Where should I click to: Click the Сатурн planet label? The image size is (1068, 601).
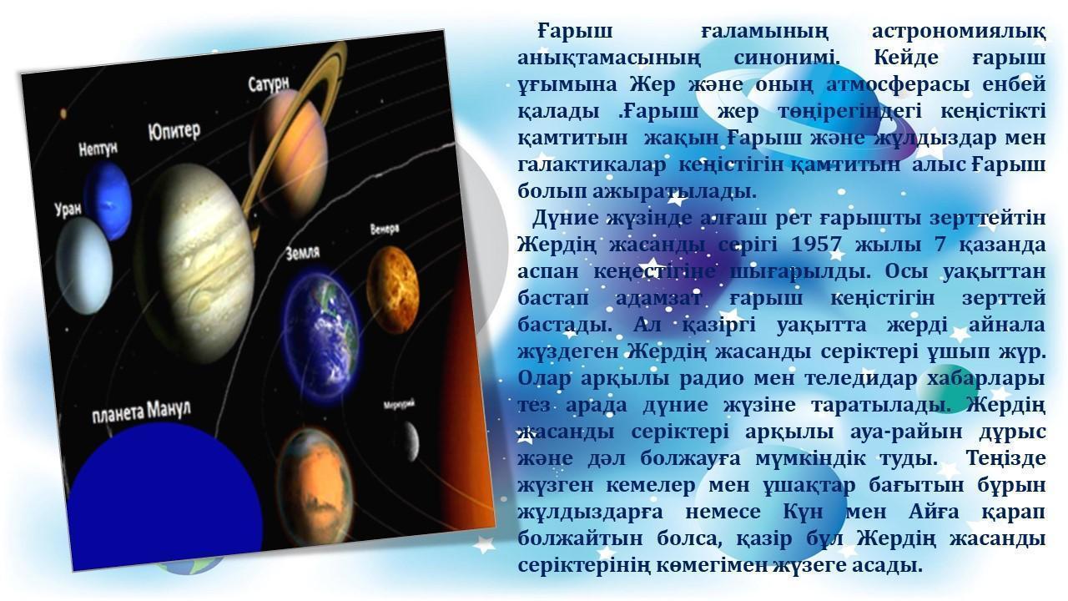pyautogui.click(x=269, y=84)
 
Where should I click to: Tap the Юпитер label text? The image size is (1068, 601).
pyautogui.click(x=174, y=131)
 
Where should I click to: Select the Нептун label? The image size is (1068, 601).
pyautogui.click(x=98, y=149)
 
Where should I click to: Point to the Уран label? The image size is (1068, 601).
pyautogui.click(x=68, y=210)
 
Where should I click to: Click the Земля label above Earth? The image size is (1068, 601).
pyautogui.click(x=303, y=253)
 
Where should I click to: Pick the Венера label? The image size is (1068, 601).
pyautogui.click(x=385, y=229)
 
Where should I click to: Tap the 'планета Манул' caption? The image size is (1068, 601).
pyautogui.click(x=141, y=412)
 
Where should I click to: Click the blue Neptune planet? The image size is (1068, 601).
pyautogui.click(x=108, y=199)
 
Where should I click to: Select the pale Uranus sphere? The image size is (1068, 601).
pyautogui.click(x=84, y=265)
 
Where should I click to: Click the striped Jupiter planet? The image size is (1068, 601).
pyautogui.click(x=194, y=262)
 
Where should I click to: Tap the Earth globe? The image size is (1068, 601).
pyautogui.click(x=321, y=338)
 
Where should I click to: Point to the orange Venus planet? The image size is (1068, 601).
pyautogui.click(x=392, y=290)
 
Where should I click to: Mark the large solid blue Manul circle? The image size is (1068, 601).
pyautogui.click(x=165, y=496)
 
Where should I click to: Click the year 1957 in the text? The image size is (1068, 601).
pyautogui.click(x=816, y=245)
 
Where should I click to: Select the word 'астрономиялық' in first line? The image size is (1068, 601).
pyautogui.click(x=960, y=32)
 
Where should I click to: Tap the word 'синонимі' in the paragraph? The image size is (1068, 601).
pyautogui.click(x=787, y=58)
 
